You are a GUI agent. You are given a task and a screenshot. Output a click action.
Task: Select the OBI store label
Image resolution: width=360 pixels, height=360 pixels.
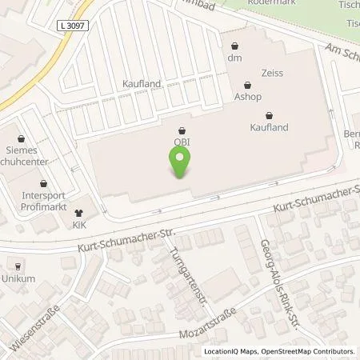click(x=182, y=143)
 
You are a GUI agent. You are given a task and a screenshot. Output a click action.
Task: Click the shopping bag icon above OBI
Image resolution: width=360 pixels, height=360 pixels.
click(x=182, y=130)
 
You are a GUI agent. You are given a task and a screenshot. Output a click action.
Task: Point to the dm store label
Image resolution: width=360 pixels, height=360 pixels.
click(x=234, y=58)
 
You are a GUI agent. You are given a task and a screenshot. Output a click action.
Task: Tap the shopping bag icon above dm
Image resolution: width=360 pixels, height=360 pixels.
click(x=234, y=46)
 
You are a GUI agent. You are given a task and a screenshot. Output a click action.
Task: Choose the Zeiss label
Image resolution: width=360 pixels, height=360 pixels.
click(x=250, y=72)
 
